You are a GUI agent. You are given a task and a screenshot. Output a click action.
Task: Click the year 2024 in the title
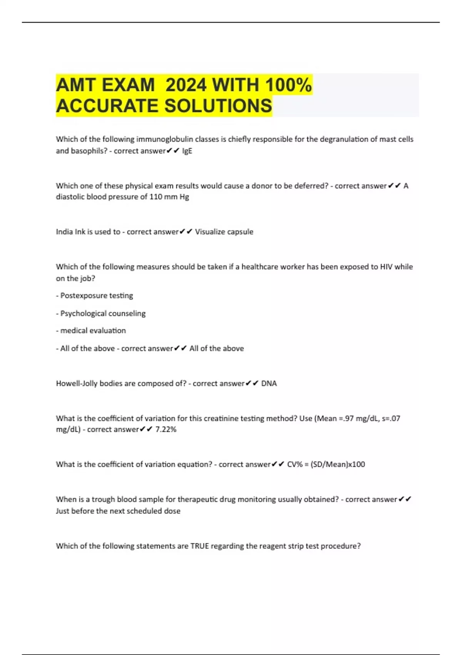tap(186, 85)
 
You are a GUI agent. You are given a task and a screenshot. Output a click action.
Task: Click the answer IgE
tap(187, 151)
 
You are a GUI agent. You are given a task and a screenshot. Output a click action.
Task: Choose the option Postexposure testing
tap(97, 296)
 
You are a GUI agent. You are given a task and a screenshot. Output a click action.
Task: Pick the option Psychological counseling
tap(103, 313)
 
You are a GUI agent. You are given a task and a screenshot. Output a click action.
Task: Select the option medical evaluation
tap(93, 331)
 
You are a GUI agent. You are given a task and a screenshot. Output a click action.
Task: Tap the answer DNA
tap(269, 383)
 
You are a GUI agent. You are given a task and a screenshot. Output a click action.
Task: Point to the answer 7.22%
tap(166, 430)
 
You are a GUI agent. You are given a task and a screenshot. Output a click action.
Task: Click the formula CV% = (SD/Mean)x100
tap(326, 464)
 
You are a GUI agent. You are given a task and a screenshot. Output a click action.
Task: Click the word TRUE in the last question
tap(199, 546)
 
